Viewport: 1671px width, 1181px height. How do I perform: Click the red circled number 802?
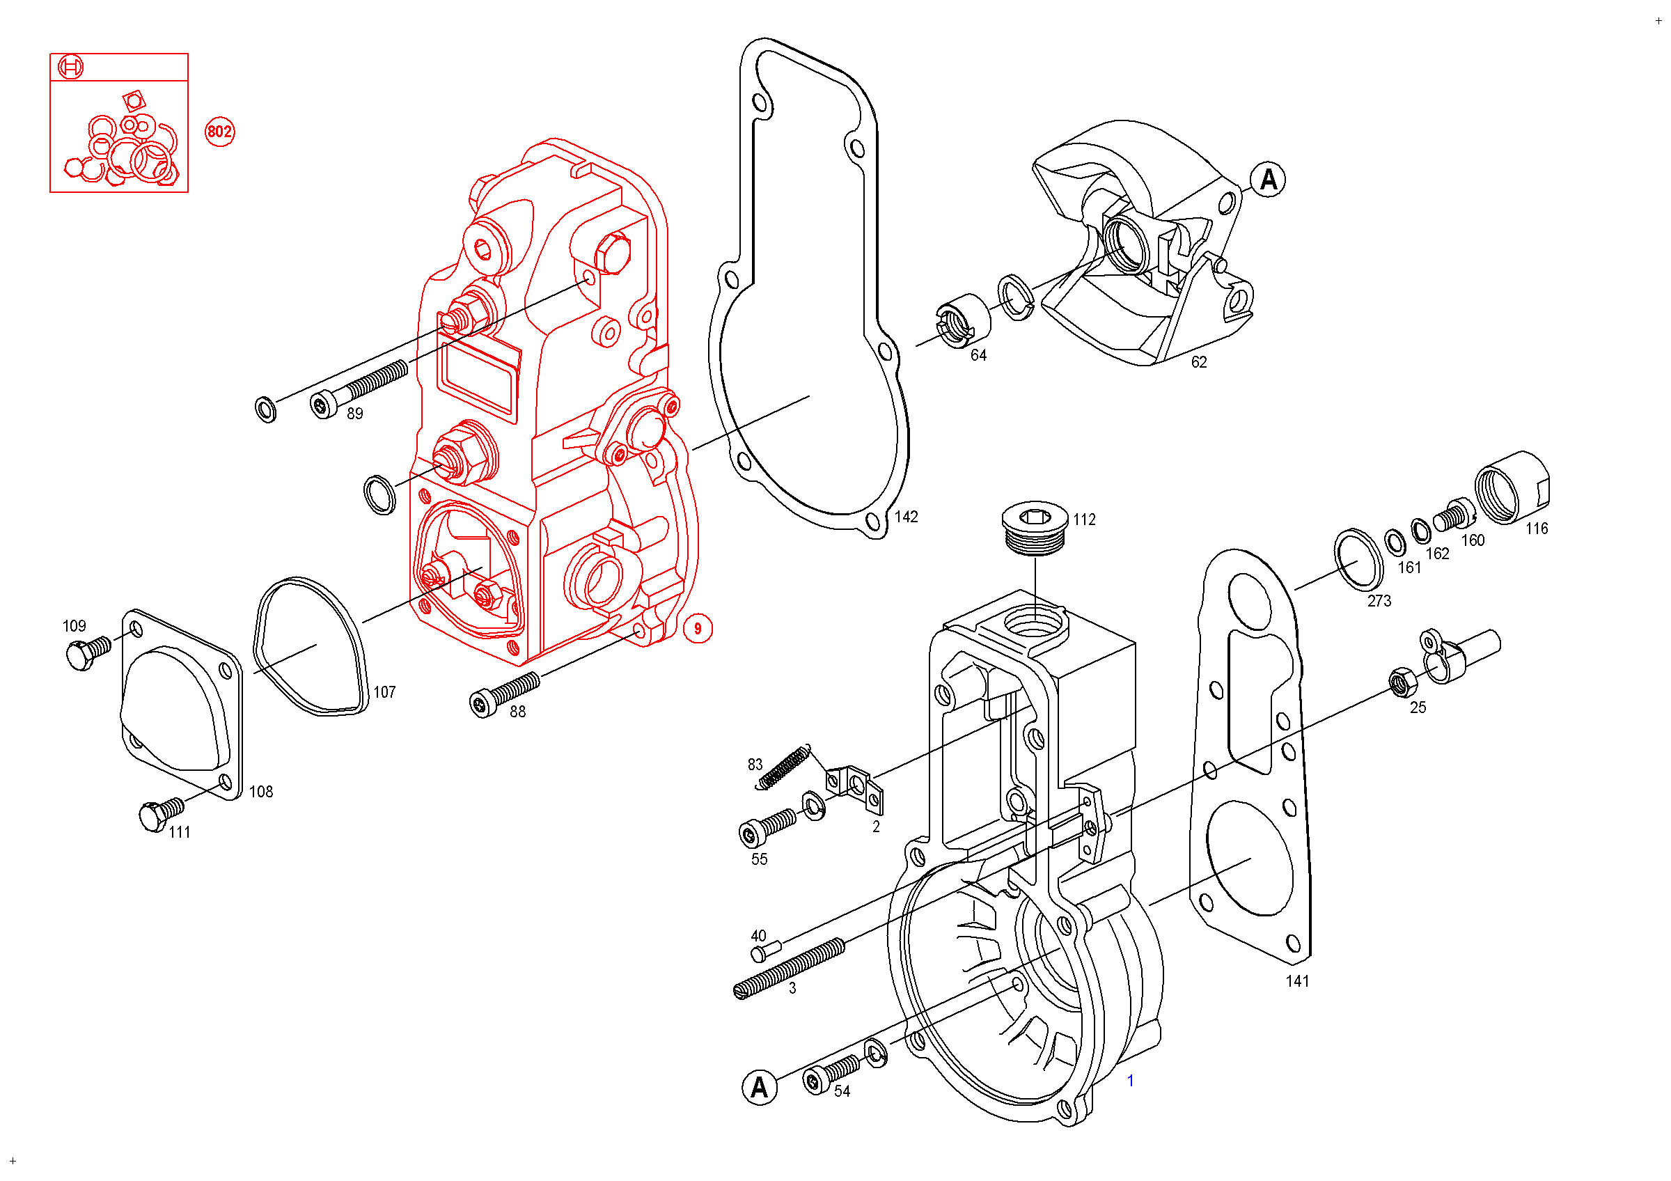tap(220, 132)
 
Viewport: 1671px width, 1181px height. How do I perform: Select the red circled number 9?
tap(697, 629)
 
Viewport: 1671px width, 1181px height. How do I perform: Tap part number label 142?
tap(906, 517)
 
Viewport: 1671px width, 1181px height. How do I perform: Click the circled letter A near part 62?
tap(1268, 179)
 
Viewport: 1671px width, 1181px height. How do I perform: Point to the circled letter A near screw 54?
tap(759, 1087)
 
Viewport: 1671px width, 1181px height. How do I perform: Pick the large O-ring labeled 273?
tap(1358, 560)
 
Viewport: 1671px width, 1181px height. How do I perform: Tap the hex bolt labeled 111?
tap(160, 814)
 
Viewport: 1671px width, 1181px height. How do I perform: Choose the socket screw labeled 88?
tap(505, 694)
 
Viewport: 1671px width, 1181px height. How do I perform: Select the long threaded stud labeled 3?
tap(789, 968)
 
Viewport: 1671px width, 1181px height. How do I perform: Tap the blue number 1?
tap(1130, 1081)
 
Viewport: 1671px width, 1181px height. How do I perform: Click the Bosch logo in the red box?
tap(70, 67)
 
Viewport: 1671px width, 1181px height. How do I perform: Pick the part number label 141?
tap(1297, 981)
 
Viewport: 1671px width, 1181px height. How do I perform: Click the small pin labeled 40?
tap(766, 951)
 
